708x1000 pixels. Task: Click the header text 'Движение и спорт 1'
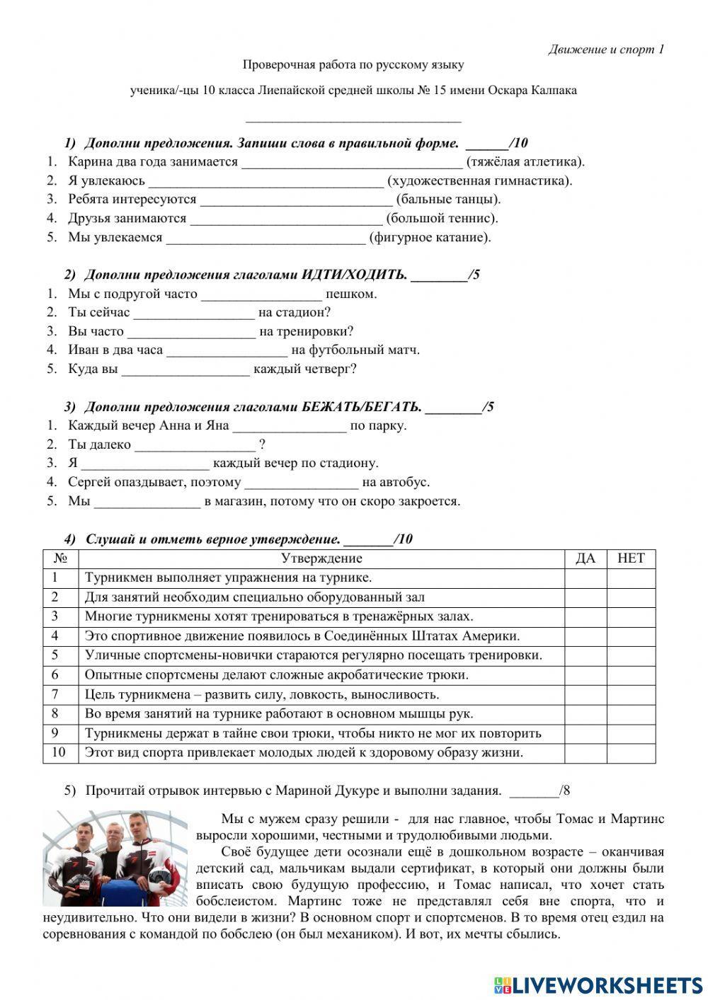(606, 50)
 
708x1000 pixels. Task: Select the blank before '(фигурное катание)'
(265, 238)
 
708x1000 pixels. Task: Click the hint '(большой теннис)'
(442, 219)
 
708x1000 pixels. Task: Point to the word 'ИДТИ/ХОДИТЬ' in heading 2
(355, 275)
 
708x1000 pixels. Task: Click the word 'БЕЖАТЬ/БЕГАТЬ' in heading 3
(362, 407)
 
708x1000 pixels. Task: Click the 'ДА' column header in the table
(585, 558)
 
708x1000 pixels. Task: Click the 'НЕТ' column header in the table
(631, 558)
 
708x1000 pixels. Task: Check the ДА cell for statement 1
(585, 578)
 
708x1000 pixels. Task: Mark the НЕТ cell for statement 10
(631, 753)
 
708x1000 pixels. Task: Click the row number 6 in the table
(55, 675)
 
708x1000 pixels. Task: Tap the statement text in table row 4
(302, 636)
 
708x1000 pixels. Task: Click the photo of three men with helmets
(115, 858)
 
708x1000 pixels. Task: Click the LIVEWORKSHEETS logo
(598, 984)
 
